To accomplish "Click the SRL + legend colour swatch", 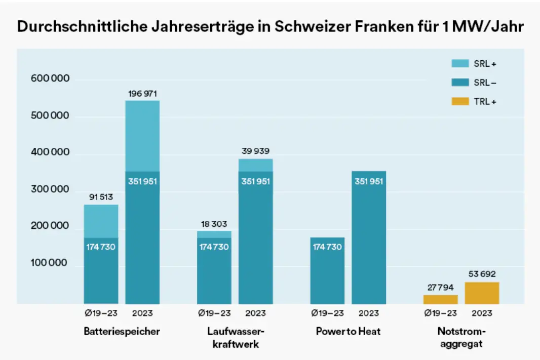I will pos(460,63).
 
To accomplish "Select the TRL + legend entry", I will pos(474,102).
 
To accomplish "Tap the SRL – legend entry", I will pos(474,83).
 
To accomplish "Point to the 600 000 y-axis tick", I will pos(50,79).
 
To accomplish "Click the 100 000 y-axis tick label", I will pos(50,263).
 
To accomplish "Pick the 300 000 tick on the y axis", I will pos(50,189).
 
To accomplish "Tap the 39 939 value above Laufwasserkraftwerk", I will pos(255,151).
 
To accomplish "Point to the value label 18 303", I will pos(214,223).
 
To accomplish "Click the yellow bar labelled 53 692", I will pos(482,293).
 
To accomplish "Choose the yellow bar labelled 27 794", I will pos(440,299).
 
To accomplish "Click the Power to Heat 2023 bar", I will pos(369,238).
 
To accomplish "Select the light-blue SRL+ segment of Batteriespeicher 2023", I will pos(142,136).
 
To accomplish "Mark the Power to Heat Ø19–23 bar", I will pos(327,271).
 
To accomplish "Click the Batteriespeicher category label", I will pos(122,332).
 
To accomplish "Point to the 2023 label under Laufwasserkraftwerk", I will pos(255,313).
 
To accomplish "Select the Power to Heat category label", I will pos(348,332).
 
